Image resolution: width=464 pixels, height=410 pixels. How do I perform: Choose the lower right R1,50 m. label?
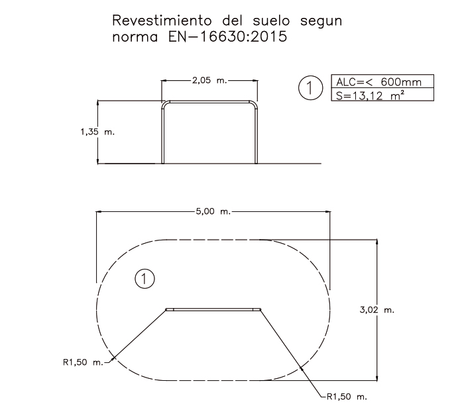pyautogui.click(x=347, y=397)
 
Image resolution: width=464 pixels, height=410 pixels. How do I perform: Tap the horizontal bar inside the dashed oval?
pyautogui.click(x=213, y=309)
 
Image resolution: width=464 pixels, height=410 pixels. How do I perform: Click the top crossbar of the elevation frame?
pyautogui.click(x=211, y=102)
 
